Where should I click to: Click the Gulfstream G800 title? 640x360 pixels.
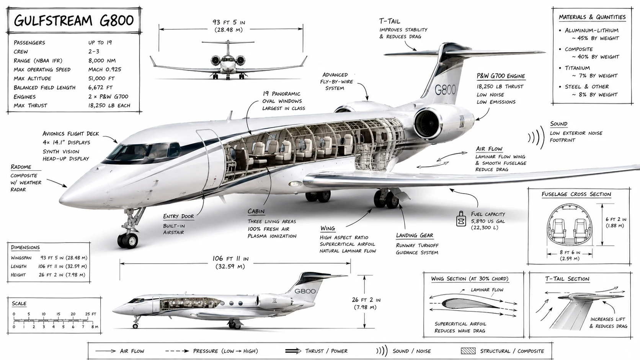[x=74, y=21]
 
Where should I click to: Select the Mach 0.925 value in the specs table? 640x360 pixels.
[x=104, y=69]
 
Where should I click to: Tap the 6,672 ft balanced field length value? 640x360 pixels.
[x=100, y=87]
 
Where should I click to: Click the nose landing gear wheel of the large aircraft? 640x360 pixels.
[x=128, y=240]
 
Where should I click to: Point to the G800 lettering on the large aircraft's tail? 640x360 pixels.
[x=445, y=90]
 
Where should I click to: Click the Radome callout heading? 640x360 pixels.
[x=21, y=167]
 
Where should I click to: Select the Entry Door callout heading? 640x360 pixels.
[x=178, y=217]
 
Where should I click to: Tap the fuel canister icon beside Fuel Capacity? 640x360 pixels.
[x=461, y=219]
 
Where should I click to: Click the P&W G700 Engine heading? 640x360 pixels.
[x=501, y=76]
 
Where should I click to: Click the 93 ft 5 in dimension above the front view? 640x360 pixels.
[x=229, y=22]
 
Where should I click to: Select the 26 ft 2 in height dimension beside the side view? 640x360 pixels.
[x=366, y=300]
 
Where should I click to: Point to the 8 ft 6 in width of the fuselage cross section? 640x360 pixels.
[x=570, y=252]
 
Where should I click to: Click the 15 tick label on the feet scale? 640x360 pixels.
[x=58, y=314]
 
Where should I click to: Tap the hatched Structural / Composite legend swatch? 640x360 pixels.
[x=468, y=351]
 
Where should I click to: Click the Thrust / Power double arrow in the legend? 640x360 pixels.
[x=293, y=351]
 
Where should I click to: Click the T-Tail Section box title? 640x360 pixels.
[x=567, y=279]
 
